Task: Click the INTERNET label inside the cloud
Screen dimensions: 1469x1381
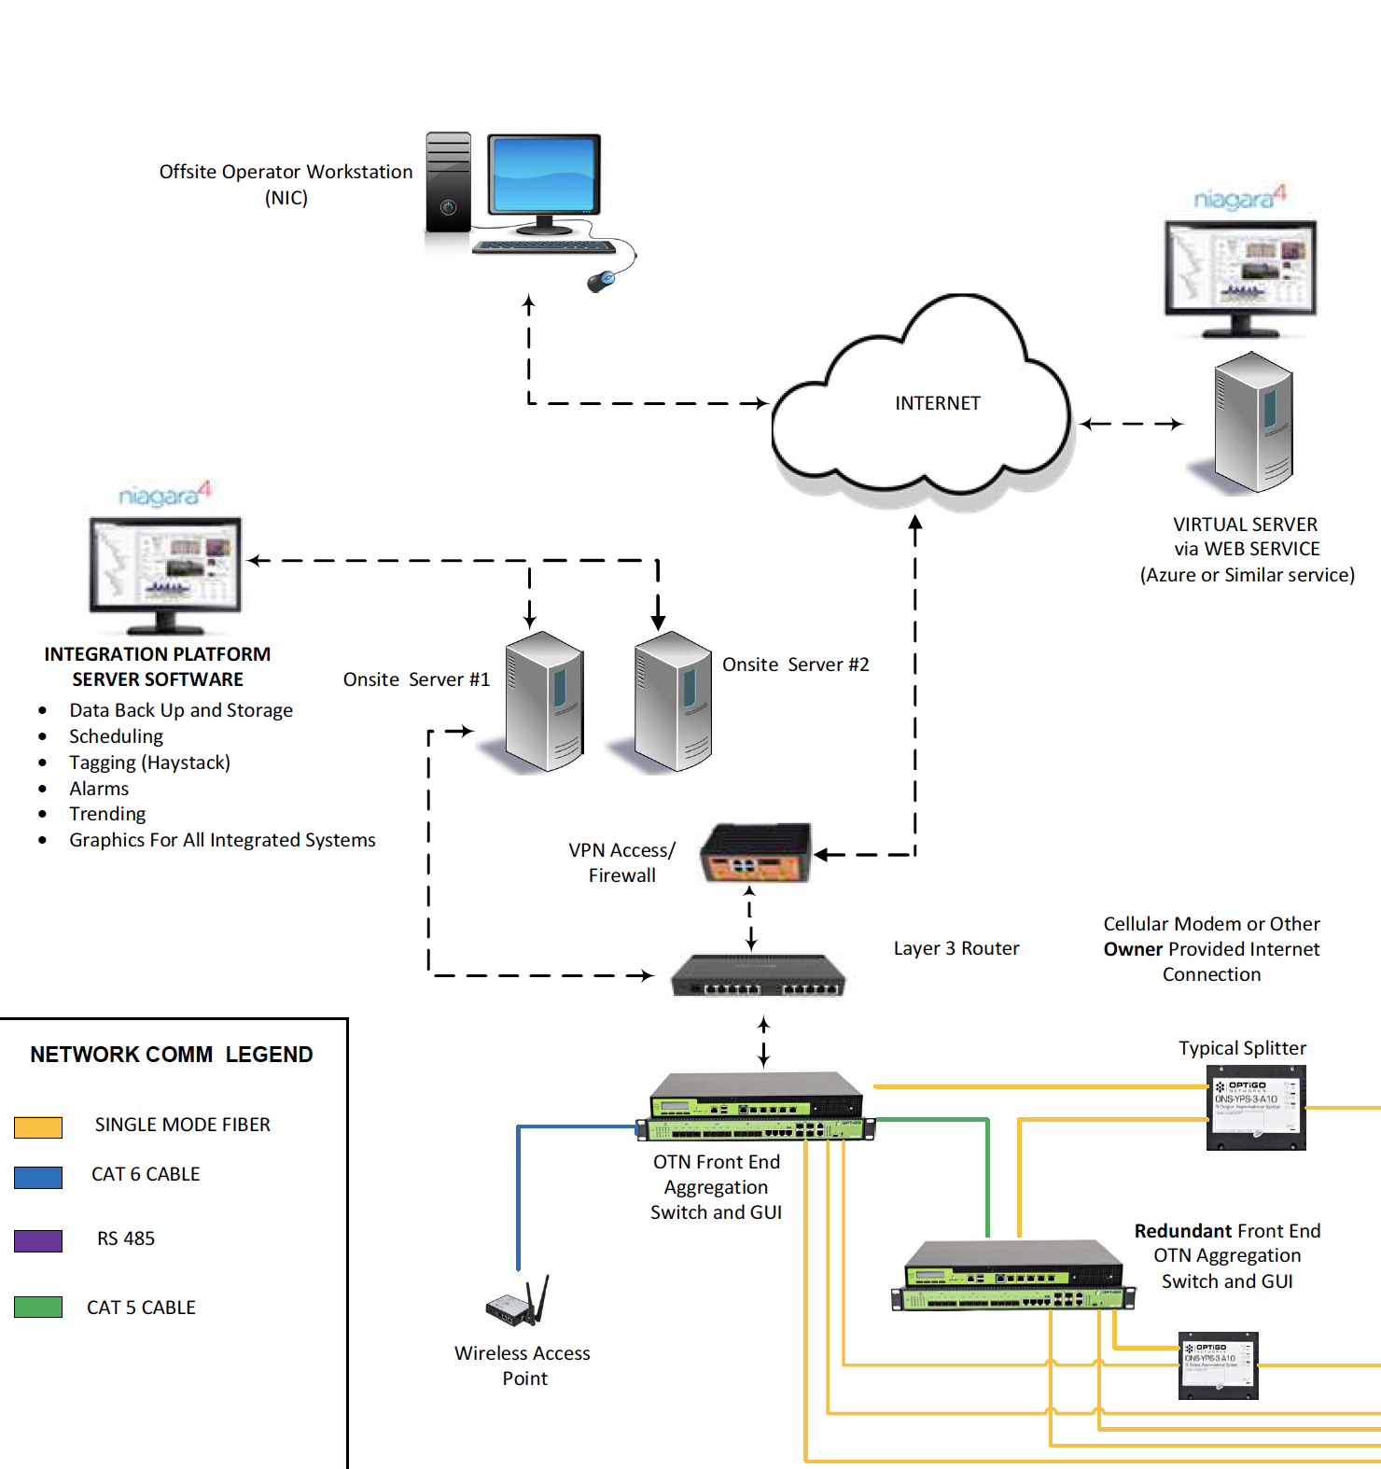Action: (937, 403)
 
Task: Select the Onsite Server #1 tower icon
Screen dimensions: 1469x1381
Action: (545, 702)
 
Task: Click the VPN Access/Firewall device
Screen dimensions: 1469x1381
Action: (756, 853)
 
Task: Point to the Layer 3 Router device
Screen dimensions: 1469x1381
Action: (758, 976)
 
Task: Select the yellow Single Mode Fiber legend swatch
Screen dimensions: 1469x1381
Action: (38, 1126)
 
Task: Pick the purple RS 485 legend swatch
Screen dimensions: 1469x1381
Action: (38, 1240)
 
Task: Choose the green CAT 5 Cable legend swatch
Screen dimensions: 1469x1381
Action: (38, 1307)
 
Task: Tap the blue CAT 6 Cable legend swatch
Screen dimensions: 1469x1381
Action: (38, 1176)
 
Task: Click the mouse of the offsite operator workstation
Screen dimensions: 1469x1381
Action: (602, 280)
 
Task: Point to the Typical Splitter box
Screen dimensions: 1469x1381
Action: (1256, 1108)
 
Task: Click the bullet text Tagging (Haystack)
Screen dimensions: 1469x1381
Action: (149, 762)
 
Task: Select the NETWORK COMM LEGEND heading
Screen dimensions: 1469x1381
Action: (172, 1055)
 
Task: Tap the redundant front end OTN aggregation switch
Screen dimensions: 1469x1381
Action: (1013, 1276)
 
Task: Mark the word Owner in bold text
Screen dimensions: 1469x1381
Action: (1133, 949)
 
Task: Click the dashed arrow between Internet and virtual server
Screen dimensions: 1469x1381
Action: (1131, 424)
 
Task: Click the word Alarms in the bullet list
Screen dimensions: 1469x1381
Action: (99, 789)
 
